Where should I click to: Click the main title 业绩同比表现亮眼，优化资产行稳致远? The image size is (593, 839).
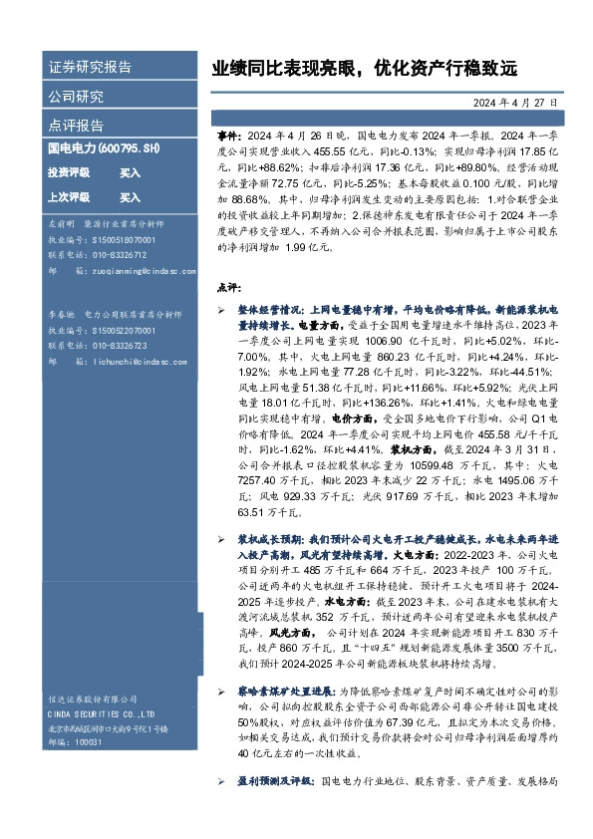[365, 69]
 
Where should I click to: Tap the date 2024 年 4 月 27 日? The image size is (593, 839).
[514, 103]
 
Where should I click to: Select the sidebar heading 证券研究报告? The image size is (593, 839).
[90, 68]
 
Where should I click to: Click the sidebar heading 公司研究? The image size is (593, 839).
[76, 97]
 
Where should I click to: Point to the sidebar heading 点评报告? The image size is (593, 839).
[76, 126]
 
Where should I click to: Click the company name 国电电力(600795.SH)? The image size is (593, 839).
[104, 147]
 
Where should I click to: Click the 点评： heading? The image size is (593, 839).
[229, 287]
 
